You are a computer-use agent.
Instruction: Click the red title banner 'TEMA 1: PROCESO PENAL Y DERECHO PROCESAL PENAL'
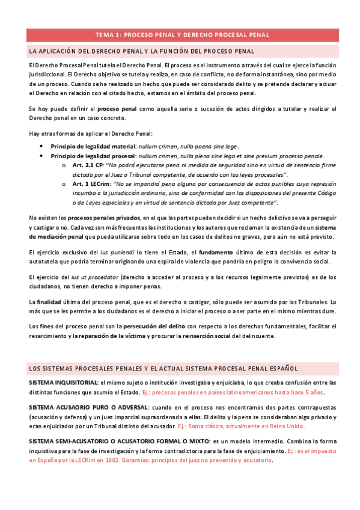(x=180, y=35)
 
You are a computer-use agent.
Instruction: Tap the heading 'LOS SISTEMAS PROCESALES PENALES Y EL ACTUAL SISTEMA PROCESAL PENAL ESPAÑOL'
(x=163, y=367)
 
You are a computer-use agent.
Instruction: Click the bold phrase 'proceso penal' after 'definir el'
(x=118, y=108)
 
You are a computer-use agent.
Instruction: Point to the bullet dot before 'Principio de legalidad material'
(x=40, y=146)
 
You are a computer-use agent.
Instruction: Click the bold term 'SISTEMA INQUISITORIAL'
(x=63, y=382)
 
